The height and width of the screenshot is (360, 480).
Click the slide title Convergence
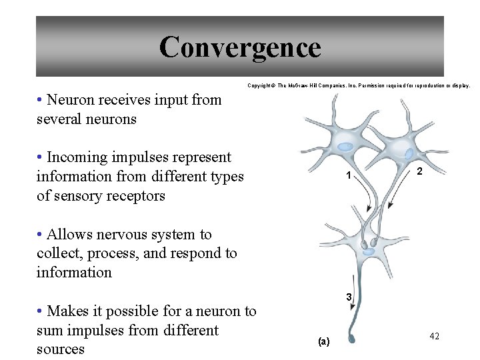point(240,47)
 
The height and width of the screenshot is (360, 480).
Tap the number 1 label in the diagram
point(348,177)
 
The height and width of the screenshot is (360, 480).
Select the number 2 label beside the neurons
point(419,171)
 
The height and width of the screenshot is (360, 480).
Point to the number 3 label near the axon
point(347,296)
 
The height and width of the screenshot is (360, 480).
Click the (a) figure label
point(323,341)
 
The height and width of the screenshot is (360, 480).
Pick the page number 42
point(434,337)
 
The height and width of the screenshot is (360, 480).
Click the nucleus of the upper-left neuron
point(345,147)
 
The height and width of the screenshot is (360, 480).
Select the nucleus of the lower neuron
point(369,251)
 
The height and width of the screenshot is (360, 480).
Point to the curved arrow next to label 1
point(366,199)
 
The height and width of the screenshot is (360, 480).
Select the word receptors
point(133,196)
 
